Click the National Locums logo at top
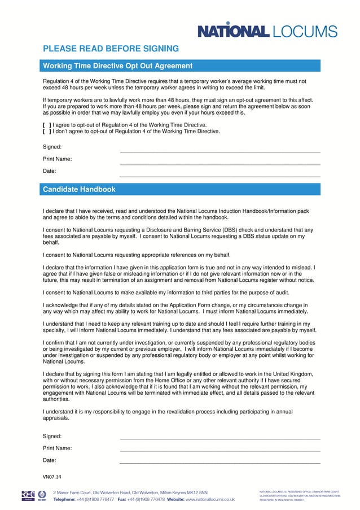(267, 31)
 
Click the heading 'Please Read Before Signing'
(111, 49)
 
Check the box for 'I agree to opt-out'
(47, 125)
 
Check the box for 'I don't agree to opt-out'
(47, 131)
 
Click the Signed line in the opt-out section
(220, 151)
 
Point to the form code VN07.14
(52, 477)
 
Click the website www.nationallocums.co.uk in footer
(210, 499)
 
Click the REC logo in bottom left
(28, 495)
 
